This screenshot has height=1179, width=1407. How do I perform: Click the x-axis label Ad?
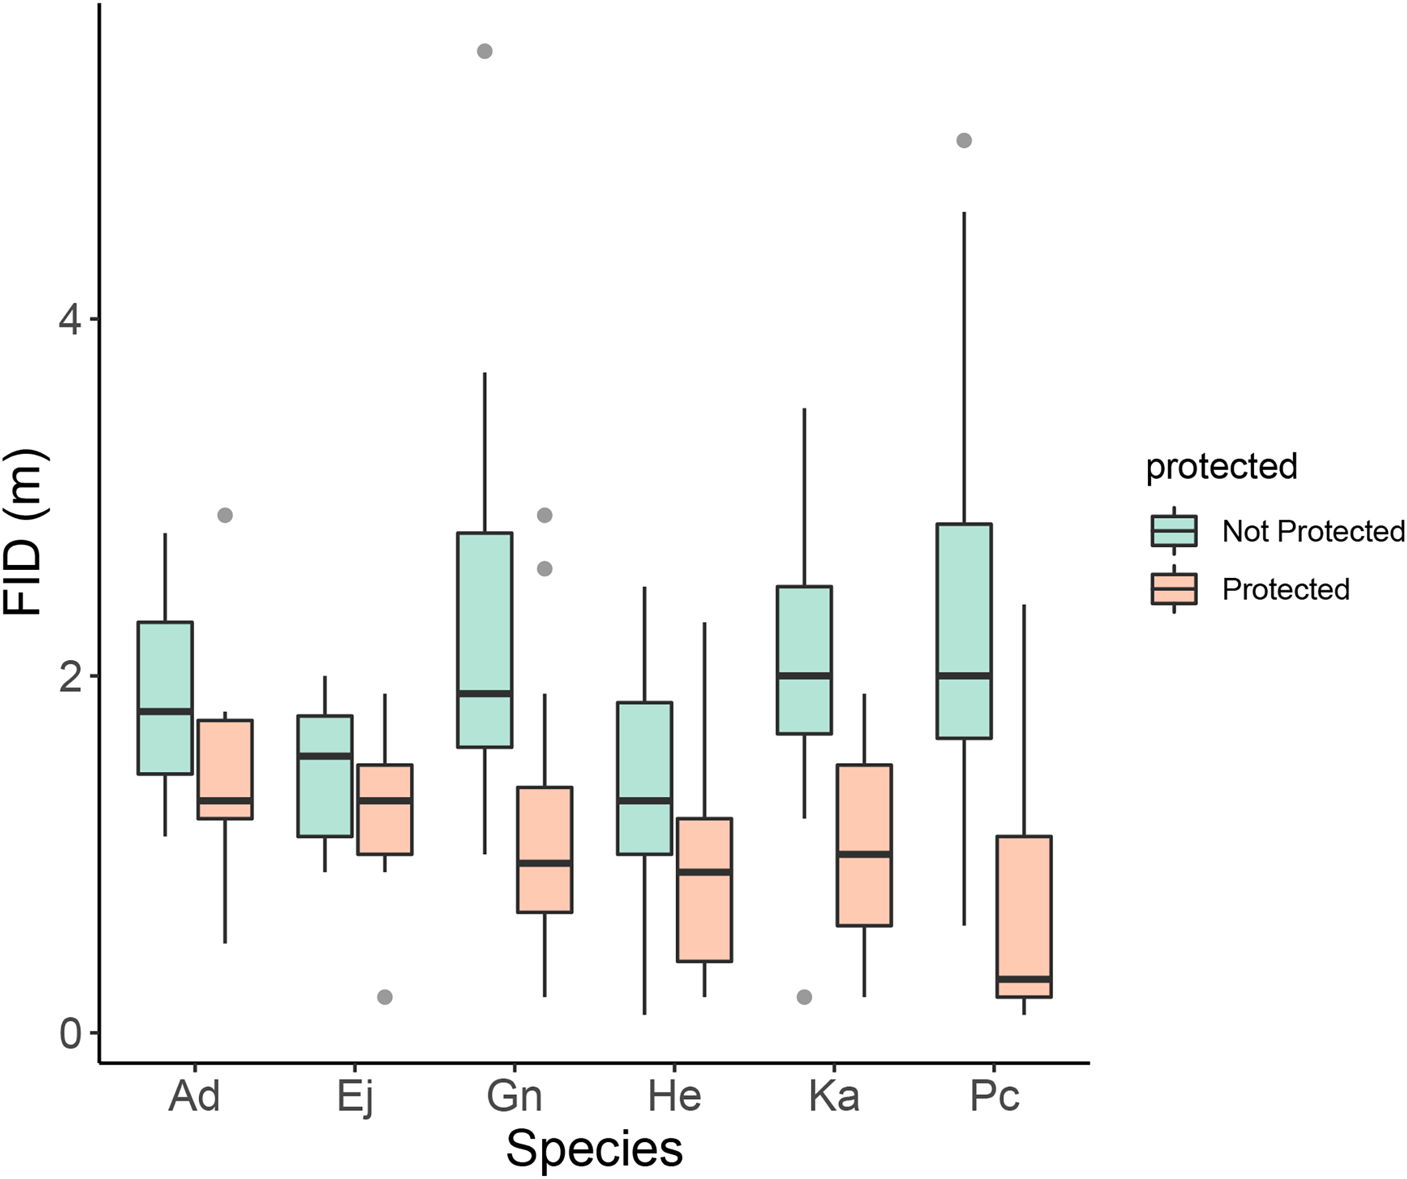(193, 1097)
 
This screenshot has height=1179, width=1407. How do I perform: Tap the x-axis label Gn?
(514, 1097)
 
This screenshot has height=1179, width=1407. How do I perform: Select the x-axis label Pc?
(994, 1097)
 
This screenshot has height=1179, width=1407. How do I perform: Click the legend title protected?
(1222, 466)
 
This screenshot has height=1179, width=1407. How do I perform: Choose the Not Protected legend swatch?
(1174, 531)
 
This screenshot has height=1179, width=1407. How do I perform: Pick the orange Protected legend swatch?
(1174, 589)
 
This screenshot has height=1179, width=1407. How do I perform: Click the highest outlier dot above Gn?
(484, 51)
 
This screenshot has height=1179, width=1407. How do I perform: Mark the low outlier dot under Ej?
(384, 997)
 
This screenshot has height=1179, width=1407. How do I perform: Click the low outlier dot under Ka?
(804, 997)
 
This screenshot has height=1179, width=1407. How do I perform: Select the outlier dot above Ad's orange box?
(225, 515)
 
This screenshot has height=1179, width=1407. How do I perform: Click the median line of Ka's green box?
(804, 675)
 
